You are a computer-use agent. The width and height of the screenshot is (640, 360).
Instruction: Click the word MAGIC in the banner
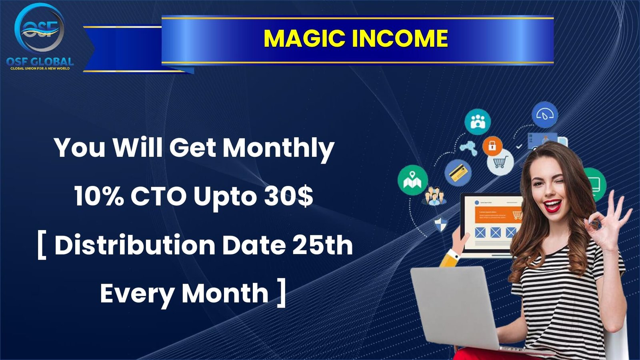(304, 38)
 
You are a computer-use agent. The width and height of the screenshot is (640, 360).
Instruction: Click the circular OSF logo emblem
(40, 28)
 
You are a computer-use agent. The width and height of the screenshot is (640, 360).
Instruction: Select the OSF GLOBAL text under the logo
(40, 61)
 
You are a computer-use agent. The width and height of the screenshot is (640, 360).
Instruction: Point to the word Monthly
(278, 148)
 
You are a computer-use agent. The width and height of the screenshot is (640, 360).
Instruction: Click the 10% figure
(99, 196)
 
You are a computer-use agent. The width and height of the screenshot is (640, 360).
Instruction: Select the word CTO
(158, 196)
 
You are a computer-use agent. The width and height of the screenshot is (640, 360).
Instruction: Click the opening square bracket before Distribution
(42, 246)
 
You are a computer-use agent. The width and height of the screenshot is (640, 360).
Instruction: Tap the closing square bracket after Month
(281, 293)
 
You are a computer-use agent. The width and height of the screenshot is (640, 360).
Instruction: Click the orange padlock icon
(492, 146)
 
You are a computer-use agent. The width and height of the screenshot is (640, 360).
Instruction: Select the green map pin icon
(412, 180)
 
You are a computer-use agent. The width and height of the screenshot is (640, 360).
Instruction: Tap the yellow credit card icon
(458, 173)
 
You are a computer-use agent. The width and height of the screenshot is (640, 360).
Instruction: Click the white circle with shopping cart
(500, 162)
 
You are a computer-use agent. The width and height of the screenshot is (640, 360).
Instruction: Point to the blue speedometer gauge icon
(544, 114)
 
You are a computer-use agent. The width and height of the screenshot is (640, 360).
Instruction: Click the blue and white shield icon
(440, 224)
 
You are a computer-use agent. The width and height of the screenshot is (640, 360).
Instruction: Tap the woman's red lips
(552, 206)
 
